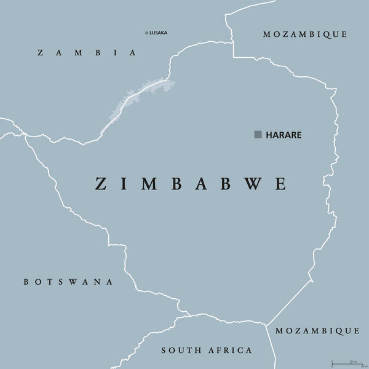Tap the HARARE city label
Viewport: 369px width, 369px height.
pyautogui.click(x=284, y=135)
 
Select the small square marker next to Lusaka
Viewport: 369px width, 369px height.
pyautogui.click(x=146, y=33)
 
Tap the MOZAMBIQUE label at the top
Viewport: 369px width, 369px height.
pyautogui.click(x=305, y=34)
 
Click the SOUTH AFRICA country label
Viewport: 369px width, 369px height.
pyautogui.click(x=206, y=350)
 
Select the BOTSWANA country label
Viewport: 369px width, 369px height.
pyautogui.click(x=68, y=282)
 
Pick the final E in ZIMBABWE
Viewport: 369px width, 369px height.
pyautogui.click(x=281, y=183)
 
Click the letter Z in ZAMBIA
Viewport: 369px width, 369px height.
pyautogui.click(x=40, y=53)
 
